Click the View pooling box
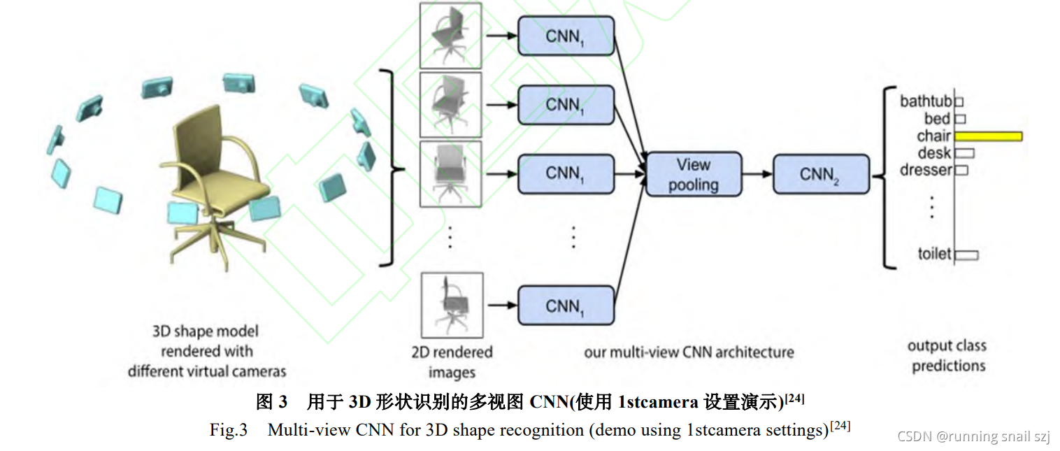(693, 174)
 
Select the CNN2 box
(821, 174)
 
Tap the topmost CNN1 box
(565, 36)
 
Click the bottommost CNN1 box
(565, 306)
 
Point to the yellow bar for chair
(988, 136)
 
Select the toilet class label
(935, 254)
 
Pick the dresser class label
(926, 170)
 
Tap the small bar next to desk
(964, 153)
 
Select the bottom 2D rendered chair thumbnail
(452, 306)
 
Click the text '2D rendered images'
(452, 362)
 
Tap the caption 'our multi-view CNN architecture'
(689, 352)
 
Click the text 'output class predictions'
(947, 356)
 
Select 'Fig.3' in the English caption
(229, 429)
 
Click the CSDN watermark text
(973, 436)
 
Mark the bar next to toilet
(966, 255)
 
